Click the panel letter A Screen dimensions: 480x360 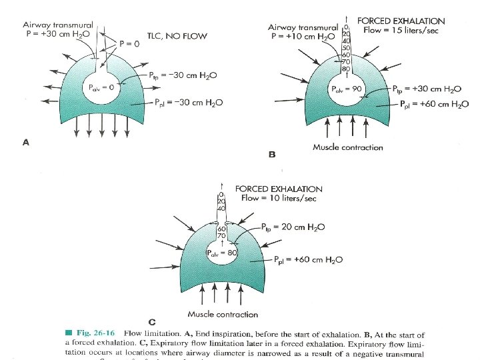click(26, 141)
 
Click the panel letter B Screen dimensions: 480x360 click(272, 154)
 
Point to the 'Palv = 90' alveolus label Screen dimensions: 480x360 click(345, 89)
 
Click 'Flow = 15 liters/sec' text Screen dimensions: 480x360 click(401, 31)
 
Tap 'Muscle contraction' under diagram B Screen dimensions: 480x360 click(347, 147)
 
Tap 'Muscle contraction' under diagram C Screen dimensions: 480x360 click(223, 314)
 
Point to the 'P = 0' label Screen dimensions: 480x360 click(129, 43)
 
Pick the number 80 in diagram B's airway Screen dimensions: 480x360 click(345, 68)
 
